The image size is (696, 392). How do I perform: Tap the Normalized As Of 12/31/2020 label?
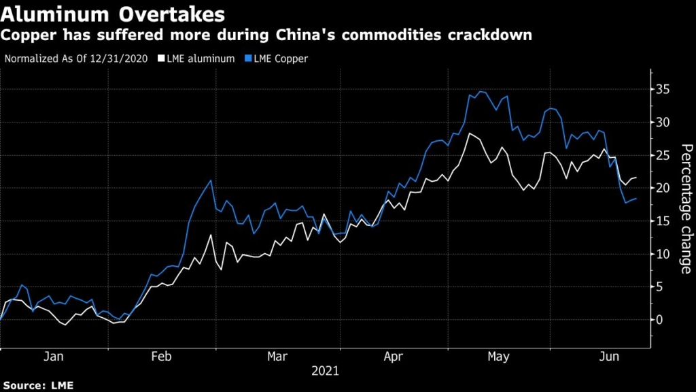coord(77,59)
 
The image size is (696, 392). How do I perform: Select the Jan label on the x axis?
coord(53,356)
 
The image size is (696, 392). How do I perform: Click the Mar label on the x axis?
coord(277,356)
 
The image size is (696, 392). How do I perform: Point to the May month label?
coord(500,356)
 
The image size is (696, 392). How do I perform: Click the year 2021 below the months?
coord(325,372)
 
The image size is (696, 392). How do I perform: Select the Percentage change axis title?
coord(686,210)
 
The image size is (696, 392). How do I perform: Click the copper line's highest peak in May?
coord(480,91)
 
